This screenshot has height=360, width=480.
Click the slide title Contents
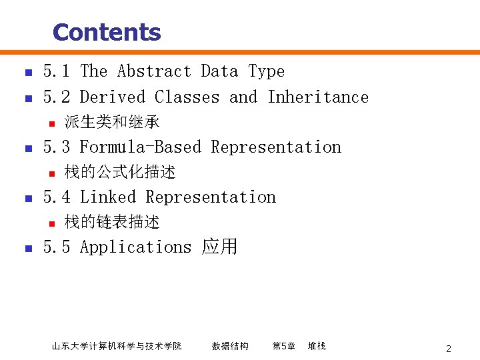pyautogui.click(x=107, y=32)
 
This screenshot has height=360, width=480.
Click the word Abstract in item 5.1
pyautogui.click(x=154, y=71)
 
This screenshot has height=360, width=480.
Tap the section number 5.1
pyautogui.click(x=57, y=71)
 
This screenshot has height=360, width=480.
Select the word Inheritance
pyautogui.click(x=318, y=97)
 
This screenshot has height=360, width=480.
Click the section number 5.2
pyautogui.click(x=57, y=97)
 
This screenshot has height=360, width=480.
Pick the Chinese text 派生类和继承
pyautogui.click(x=112, y=122)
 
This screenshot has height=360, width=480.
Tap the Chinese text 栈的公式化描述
pyautogui.click(x=120, y=172)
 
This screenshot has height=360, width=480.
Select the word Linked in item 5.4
pyautogui.click(x=107, y=197)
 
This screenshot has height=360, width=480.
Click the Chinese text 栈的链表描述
pyautogui.click(x=112, y=222)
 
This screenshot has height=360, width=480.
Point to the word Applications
pyautogui.click(x=135, y=247)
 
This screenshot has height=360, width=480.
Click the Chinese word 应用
pyautogui.click(x=219, y=247)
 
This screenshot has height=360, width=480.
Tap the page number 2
pyautogui.click(x=449, y=349)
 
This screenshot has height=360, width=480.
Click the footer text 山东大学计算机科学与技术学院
pyautogui.click(x=117, y=346)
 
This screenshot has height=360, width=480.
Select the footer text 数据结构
pyautogui.click(x=230, y=346)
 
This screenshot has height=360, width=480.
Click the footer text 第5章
pyautogui.click(x=283, y=346)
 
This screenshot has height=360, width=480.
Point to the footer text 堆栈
pyautogui.click(x=317, y=346)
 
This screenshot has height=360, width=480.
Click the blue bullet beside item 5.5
pyautogui.click(x=27, y=249)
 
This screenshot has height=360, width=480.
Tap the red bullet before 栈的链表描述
pyautogui.click(x=49, y=223)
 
